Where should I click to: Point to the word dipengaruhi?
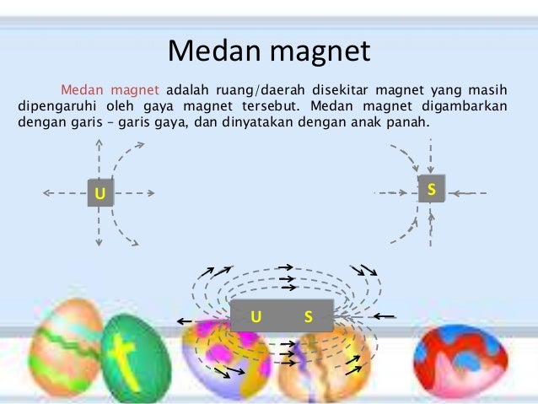[x=56, y=106]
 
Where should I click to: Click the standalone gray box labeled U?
[x=100, y=193]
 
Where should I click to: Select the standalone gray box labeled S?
[x=431, y=190]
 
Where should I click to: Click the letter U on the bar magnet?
[x=257, y=317]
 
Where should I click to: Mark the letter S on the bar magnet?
[x=308, y=317]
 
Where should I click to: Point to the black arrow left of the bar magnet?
[x=187, y=321]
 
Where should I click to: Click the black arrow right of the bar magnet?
[x=385, y=316]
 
